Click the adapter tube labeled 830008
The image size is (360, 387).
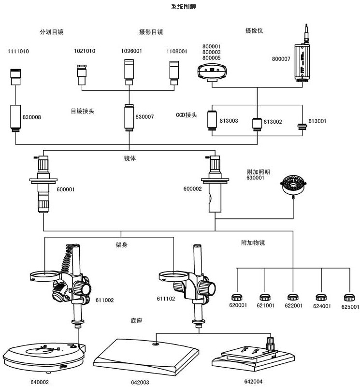coord(15,118)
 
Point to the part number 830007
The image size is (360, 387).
coord(144,116)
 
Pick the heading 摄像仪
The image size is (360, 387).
coord(254,30)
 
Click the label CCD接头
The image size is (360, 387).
coord(187,115)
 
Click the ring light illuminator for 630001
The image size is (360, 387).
coord(293,186)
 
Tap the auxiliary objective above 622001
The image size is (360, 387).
coord(291,297)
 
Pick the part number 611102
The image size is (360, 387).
coord(165,300)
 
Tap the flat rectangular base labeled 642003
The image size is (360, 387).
coord(145,358)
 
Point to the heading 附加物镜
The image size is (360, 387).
coord(253,243)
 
